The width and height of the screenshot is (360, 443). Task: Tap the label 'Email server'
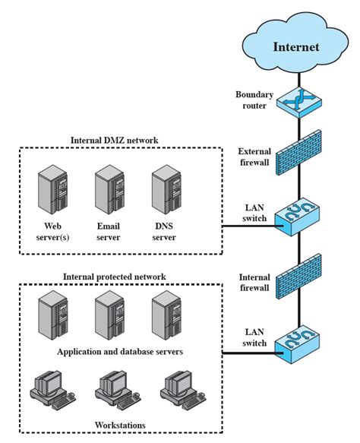click(109, 231)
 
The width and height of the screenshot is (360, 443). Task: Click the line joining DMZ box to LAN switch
click(247, 226)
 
